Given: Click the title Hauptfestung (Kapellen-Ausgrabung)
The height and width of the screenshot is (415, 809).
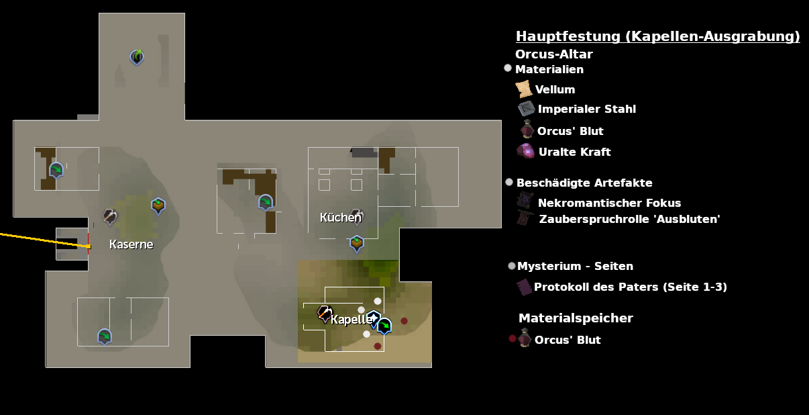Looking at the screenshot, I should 657,36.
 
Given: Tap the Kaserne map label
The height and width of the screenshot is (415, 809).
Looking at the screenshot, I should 131,244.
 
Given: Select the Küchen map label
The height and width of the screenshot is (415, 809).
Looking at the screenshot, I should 340,218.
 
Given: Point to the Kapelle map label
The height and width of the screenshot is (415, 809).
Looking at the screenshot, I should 350,320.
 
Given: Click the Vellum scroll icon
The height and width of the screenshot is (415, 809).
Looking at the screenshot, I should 523,89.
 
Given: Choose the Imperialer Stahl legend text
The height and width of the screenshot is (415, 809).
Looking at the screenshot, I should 586,109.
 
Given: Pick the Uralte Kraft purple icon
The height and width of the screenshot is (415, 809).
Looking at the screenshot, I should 526,151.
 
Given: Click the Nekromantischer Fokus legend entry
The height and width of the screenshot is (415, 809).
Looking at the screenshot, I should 609,203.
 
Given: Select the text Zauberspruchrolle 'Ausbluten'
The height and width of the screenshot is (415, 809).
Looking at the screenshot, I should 629,219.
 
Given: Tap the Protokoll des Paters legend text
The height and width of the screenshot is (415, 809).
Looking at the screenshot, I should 630,287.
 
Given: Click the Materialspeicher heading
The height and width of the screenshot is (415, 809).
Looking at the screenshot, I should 576,318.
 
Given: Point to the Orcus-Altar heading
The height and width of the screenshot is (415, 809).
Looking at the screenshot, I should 553,54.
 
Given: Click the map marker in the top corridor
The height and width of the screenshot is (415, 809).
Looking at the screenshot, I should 137,57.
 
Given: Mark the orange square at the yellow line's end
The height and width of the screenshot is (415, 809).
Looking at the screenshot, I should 89,246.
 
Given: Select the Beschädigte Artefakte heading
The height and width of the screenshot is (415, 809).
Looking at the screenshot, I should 584,183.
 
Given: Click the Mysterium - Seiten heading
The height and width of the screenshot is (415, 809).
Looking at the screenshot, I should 575,266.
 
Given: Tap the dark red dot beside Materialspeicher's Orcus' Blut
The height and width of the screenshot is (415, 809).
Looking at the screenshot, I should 513,338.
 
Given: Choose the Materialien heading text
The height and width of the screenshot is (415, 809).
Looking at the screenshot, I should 549,69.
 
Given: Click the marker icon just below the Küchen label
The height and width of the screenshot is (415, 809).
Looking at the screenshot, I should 357,242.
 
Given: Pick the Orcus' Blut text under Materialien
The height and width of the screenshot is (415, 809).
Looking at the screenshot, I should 570,131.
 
